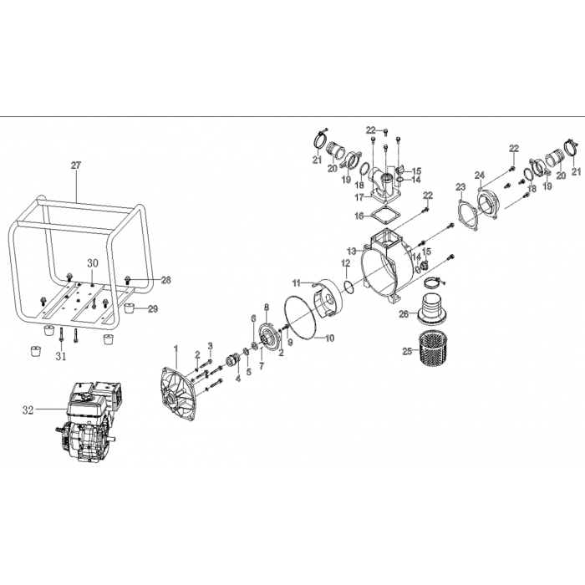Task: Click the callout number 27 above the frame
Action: pos(76,165)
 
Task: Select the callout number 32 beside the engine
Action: pos(28,410)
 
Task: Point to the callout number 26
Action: pos(404,314)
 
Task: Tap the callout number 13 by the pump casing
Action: pos(352,251)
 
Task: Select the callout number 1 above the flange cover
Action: pos(175,348)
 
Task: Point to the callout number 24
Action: pos(480,175)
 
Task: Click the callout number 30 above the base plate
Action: pos(93,263)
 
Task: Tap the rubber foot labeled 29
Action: pos(130,309)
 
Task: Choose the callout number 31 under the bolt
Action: pos(61,356)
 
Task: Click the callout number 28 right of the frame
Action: pos(165,280)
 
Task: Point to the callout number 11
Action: pos(296,283)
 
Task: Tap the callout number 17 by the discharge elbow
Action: pos(359,197)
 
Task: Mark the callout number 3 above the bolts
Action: pos(210,346)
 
